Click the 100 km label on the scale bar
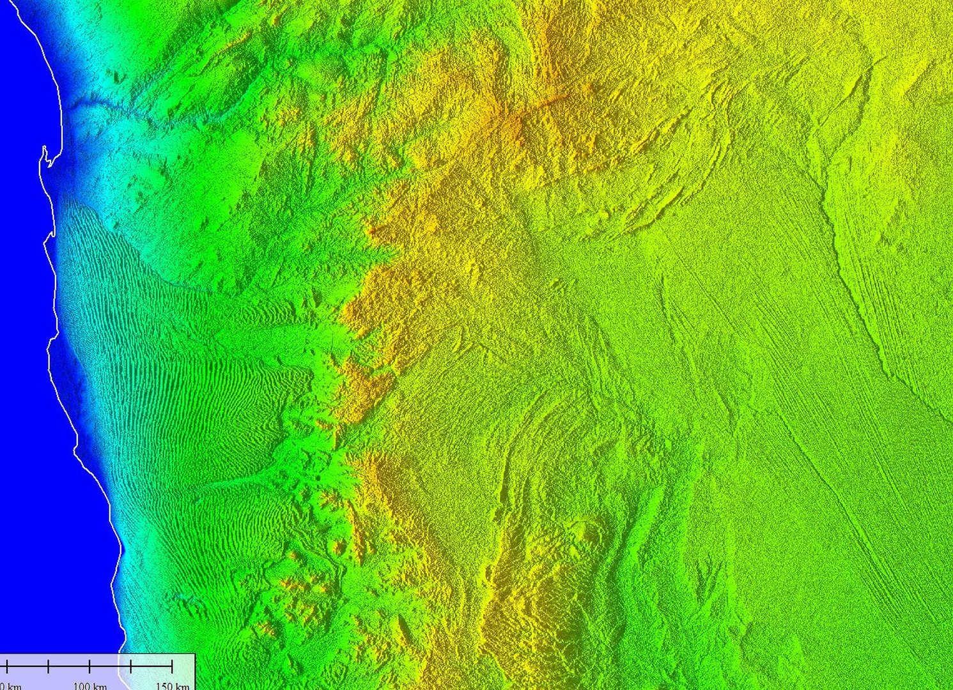[x=89, y=686]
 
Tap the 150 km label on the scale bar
[x=173, y=686]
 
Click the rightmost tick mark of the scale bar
[x=172, y=667]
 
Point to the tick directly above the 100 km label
[x=89, y=667]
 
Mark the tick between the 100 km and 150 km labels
[x=130, y=667]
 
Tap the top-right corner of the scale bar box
[x=195, y=654]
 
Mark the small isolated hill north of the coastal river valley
[x=118, y=77]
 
